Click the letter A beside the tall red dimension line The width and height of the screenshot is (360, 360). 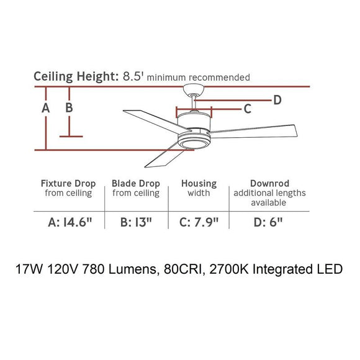(x=46, y=107)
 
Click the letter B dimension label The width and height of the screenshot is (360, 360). (x=69, y=107)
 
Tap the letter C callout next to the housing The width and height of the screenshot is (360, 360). (x=247, y=109)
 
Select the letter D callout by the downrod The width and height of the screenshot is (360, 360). (x=277, y=100)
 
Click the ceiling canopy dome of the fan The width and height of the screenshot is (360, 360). (x=194, y=89)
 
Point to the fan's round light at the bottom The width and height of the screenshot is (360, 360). (x=194, y=145)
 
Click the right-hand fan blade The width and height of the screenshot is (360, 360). (x=253, y=132)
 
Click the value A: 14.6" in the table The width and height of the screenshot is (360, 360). (x=70, y=222)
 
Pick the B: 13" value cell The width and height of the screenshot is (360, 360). (x=136, y=222)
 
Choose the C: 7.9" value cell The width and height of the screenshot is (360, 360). (x=199, y=222)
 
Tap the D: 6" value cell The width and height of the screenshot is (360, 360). (x=268, y=222)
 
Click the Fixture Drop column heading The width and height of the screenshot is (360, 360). (x=68, y=184)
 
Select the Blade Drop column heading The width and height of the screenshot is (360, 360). (x=136, y=184)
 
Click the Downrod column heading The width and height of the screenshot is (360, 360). (x=269, y=184)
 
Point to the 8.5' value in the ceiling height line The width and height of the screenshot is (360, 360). (x=133, y=76)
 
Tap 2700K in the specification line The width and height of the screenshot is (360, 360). (x=229, y=269)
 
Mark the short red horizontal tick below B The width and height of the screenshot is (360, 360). (x=71, y=137)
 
